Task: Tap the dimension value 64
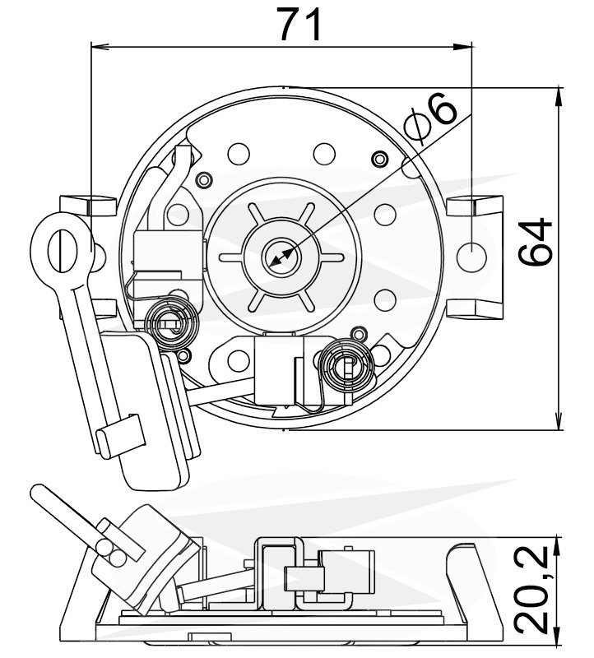536,242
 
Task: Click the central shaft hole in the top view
280,257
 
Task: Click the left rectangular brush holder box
167,253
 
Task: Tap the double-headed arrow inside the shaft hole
281,257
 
